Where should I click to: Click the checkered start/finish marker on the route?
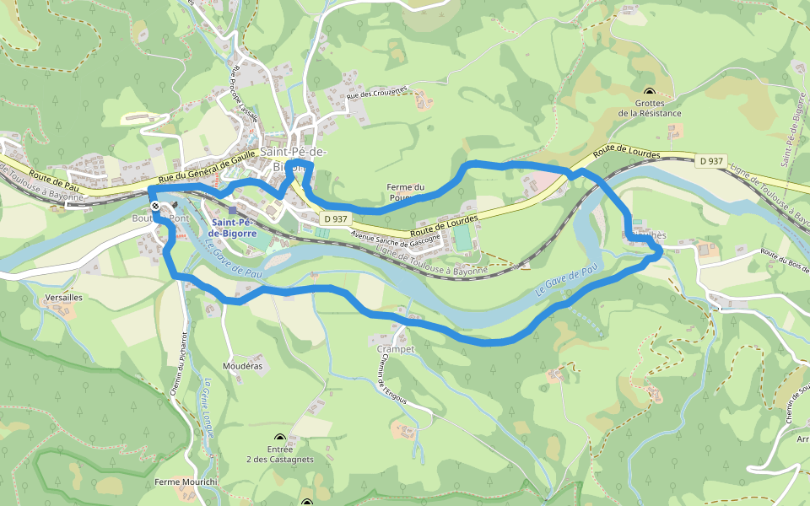pyautogui.click(x=156, y=205)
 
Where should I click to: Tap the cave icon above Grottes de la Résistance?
pyautogui.click(x=649, y=92)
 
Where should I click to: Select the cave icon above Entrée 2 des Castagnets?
pyautogui.click(x=280, y=439)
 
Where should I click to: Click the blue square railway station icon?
pyautogui.click(x=233, y=210)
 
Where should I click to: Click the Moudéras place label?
pyautogui.click(x=242, y=366)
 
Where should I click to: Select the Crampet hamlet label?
pyautogui.click(x=396, y=348)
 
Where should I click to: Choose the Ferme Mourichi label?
pyautogui.click(x=186, y=482)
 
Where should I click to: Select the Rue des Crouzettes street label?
pyautogui.click(x=377, y=94)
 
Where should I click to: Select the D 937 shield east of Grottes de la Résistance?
pyautogui.click(x=711, y=160)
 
